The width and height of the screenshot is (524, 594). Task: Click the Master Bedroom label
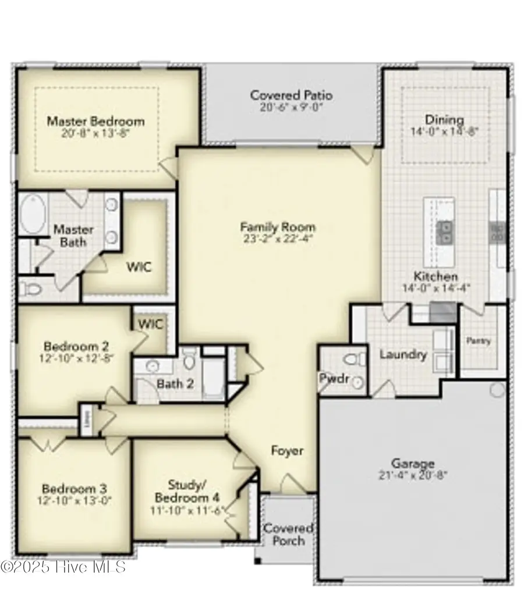[x=95, y=122]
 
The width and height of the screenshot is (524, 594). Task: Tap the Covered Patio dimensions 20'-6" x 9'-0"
[x=291, y=108]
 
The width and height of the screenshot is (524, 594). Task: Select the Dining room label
[x=444, y=120]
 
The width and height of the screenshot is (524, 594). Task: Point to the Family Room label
[x=278, y=227]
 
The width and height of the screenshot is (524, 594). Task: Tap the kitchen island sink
[x=445, y=232]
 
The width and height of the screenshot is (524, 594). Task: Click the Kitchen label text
[x=436, y=276]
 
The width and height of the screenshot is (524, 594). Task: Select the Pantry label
[x=480, y=341]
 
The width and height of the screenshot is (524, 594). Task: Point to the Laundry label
[x=403, y=354]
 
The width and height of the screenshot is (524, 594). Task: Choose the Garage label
[x=413, y=464]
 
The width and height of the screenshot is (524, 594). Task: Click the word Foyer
[x=287, y=451]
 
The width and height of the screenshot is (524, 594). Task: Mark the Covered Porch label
[x=288, y=535]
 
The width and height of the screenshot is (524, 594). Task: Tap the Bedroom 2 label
[x=76, y=347]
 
